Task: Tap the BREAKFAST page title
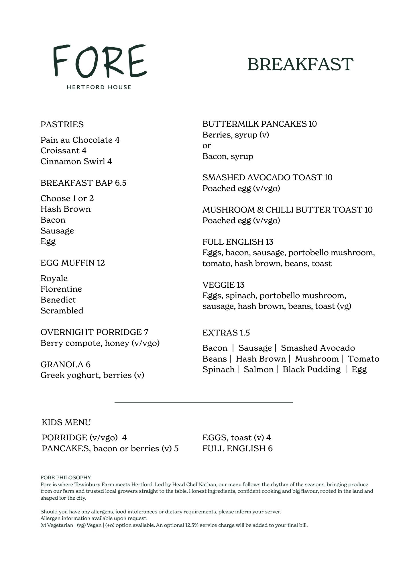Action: pos(300,64)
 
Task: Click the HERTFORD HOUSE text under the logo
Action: pos(99,87)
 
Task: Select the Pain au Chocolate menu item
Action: pos(80,140)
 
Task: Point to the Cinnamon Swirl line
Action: pos(76,161)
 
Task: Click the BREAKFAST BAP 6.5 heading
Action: pos(83,183)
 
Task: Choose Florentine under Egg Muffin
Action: pos(61,289)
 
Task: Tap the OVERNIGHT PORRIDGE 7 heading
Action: pos(95,332)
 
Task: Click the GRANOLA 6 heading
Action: pos(65,364)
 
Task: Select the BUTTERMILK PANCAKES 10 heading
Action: pos(259,124)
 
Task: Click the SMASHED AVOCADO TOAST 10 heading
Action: pos(267,177)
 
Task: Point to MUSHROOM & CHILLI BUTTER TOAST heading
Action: pos(287,210)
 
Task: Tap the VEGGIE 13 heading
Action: pos(223,285)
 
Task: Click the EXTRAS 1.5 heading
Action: pos(226,333)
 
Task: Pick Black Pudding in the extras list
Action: pos(312,370)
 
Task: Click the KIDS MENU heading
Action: pos(66,422)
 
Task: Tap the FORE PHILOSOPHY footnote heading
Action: pos(66,478)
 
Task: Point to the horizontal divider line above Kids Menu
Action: pos(203,402)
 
